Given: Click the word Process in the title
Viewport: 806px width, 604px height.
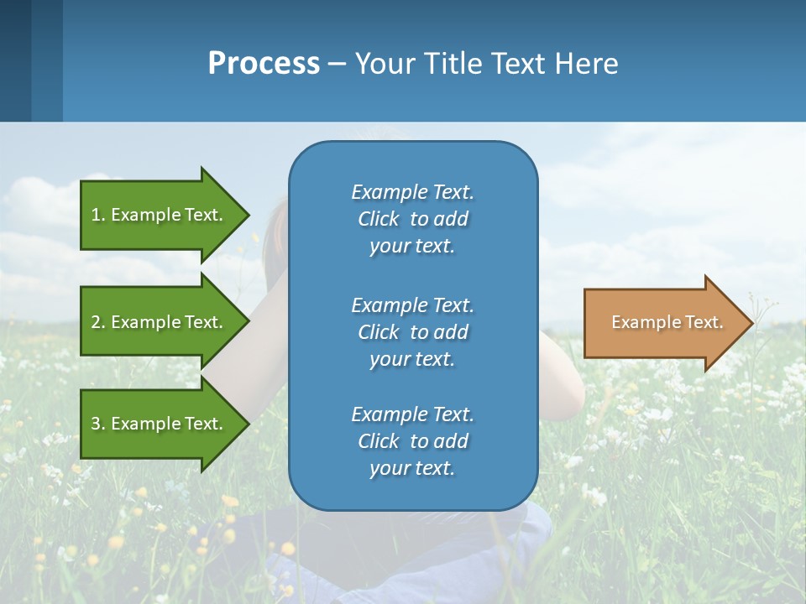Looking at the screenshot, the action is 264,64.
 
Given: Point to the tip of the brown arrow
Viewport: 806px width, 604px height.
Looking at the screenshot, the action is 751,322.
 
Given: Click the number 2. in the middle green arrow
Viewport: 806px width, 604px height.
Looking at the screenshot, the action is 98,322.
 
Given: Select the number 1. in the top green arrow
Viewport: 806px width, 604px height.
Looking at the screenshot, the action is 97,215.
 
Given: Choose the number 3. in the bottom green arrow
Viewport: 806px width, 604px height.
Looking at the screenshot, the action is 98,424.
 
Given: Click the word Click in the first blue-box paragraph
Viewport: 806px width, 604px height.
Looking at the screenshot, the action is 378,220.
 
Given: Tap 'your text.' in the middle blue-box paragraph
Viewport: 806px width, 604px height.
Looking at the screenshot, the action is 412,359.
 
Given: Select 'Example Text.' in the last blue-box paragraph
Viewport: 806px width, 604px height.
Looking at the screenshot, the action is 412,414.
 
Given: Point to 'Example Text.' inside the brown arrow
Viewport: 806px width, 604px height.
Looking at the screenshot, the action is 667,322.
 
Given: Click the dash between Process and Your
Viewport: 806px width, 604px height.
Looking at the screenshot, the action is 338,64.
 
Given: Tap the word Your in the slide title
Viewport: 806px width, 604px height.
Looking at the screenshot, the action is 383,64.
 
